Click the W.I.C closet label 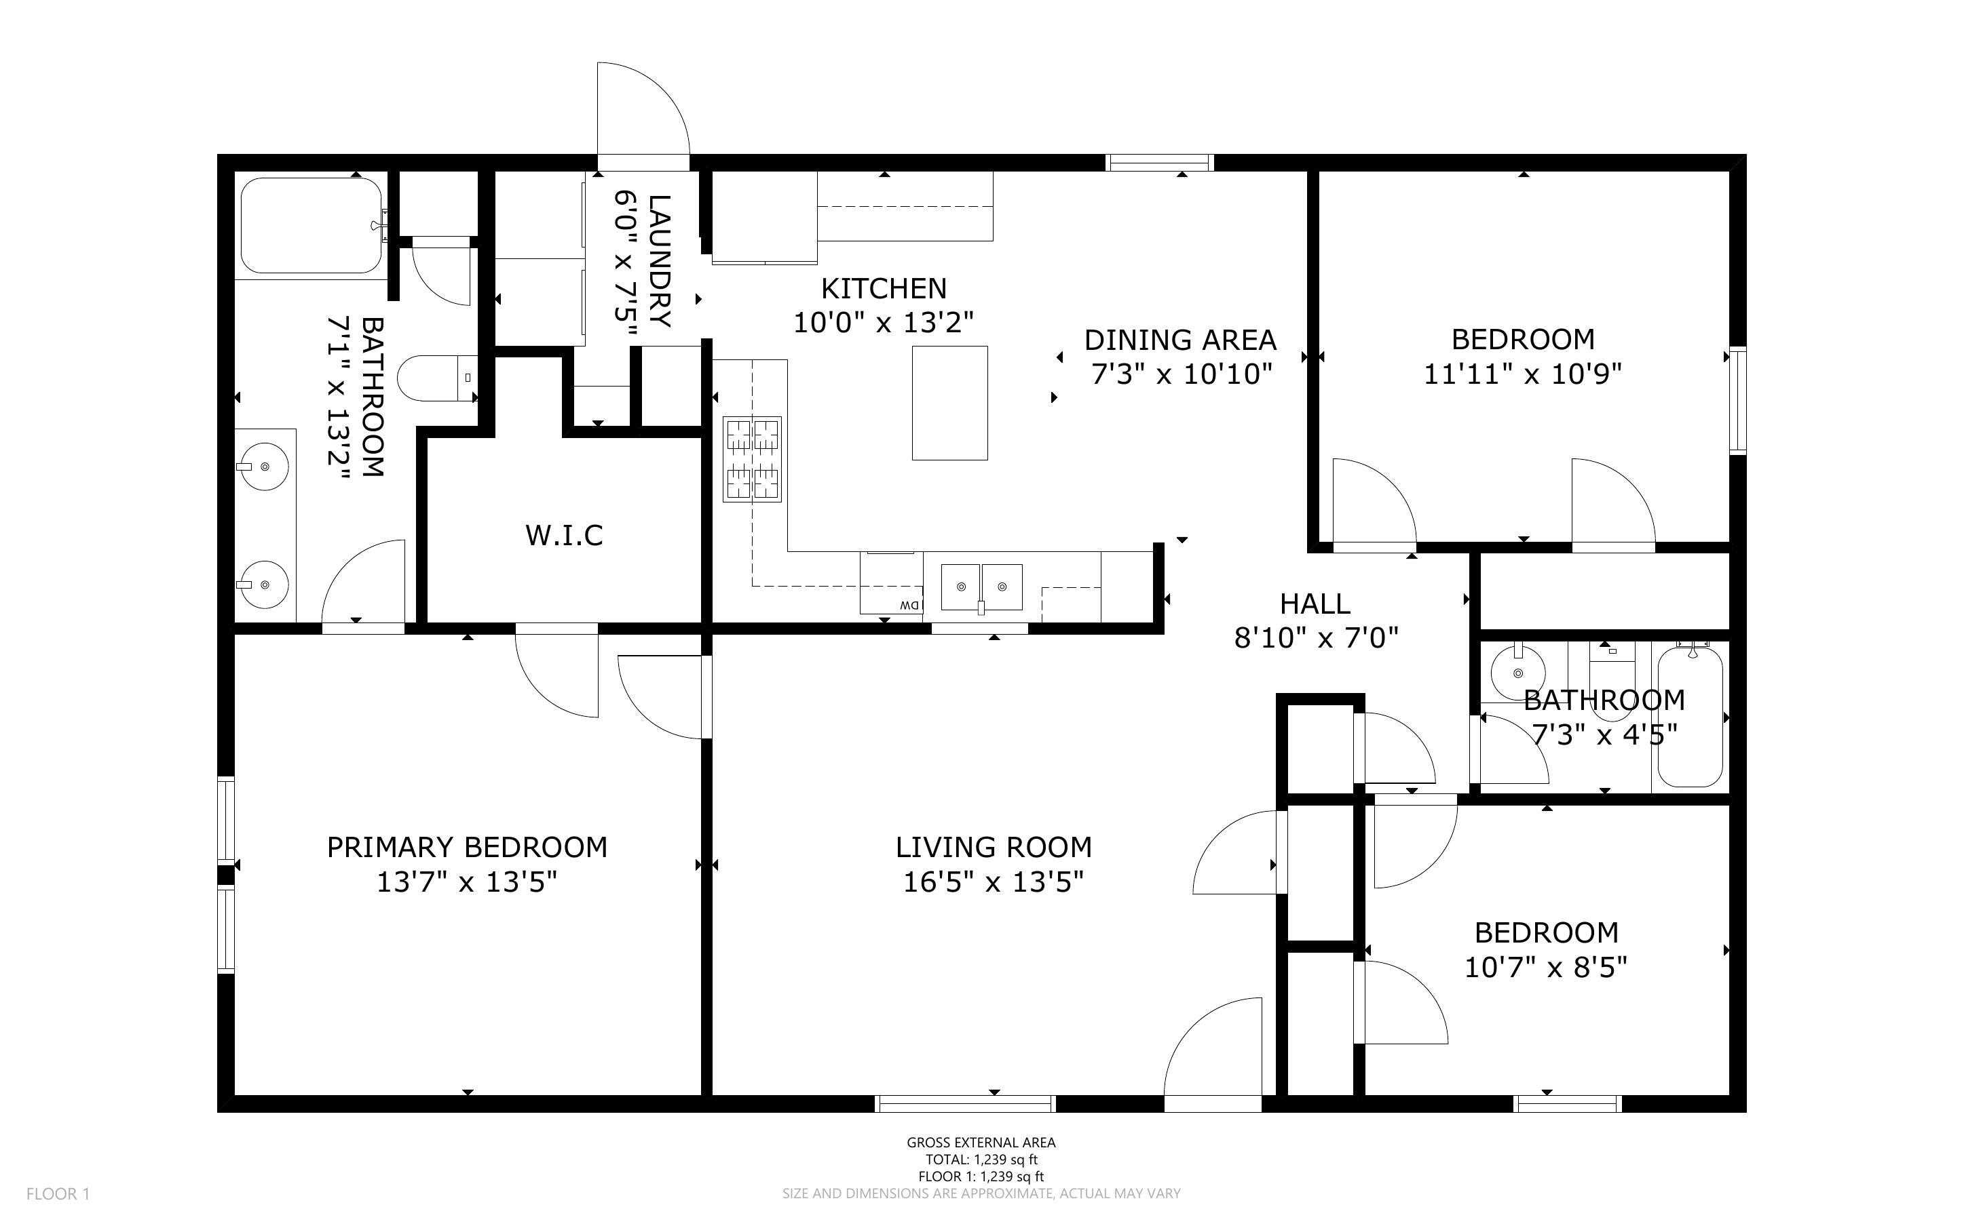[564, 535]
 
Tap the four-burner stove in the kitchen [752, 459]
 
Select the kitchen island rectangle [949, 403]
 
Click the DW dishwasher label [909, 606]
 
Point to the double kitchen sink [981, 587]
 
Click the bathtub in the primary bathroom [311, 225]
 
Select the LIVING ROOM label [993, 848]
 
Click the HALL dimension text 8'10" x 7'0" [1316, 638]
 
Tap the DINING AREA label [1180, 340]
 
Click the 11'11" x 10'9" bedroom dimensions [1523, 374]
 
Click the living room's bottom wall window [964, 1103]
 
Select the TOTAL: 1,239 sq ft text [981, 1160]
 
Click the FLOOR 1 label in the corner [58, 1193]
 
